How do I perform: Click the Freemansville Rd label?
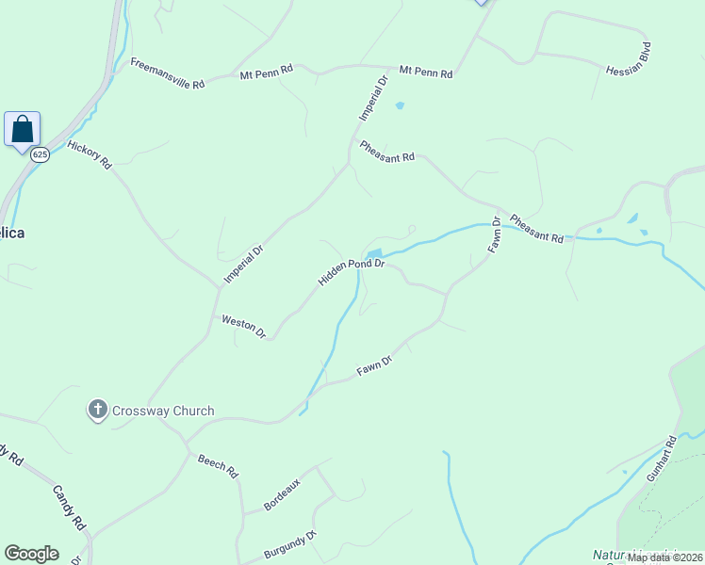[x=168, y=73]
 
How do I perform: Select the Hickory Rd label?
[x=90, y=155]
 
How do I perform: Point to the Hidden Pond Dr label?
[x=352, y=272]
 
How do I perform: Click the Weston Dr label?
[x=244, y=326]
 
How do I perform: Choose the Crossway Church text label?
[x=163, y=411]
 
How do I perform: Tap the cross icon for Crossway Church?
[x=97, y=410]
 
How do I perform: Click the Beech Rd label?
[x=218, y=466]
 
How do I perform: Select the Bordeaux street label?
[x=282, y=494]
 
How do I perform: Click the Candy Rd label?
[x=69, y=508]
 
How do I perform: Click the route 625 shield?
[x=39, y=153]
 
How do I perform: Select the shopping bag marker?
[x=22, y=128]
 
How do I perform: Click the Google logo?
[x=31, y=554]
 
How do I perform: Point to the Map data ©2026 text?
[x=664, y=557]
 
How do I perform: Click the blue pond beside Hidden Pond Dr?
[x=373, y=254]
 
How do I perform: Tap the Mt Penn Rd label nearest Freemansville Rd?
[x=267, y=71]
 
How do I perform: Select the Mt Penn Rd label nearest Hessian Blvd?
[x=426, y=73]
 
